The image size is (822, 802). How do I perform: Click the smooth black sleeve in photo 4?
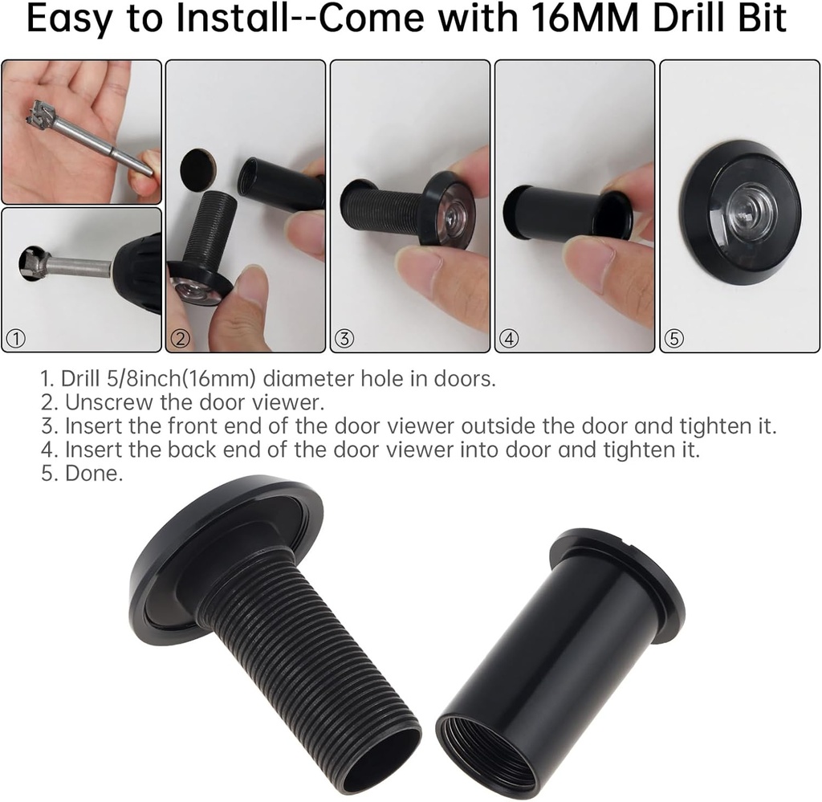(x=554, y=213)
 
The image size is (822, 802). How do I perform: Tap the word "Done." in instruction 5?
(x=94, y=474)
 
